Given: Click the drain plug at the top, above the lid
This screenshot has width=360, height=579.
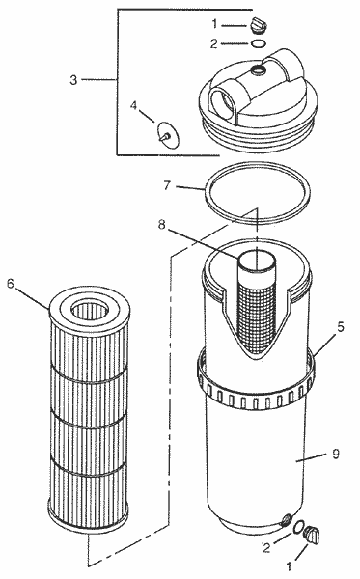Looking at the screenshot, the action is click(259, 24).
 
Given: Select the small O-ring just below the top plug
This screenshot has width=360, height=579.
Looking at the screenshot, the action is click(258, 44).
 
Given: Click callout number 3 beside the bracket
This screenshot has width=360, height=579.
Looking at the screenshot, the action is click(73, 79).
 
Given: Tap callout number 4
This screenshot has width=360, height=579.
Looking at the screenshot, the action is click(133, 106).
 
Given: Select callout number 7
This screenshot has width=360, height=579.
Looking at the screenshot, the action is click(167, 184).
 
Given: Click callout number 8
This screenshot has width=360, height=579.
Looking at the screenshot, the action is click(162, 224).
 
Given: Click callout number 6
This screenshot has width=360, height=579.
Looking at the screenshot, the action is click(10, 284).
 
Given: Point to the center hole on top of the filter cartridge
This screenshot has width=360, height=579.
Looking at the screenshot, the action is click(89, 310).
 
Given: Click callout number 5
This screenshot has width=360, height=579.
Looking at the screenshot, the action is click(340, 326).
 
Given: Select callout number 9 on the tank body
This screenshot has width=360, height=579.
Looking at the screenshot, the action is click(335, 454).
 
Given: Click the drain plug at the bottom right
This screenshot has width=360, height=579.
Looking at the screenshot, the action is click(312, 535).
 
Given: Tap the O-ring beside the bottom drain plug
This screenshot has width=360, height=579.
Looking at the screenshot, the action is click(298, 527).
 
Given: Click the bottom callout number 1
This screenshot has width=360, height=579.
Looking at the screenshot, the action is click(289, 566).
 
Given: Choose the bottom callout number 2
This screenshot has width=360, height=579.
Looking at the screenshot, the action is click(266, 548).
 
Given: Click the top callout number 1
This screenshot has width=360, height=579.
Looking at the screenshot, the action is click(214, 24).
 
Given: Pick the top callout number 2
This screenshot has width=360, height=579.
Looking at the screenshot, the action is click(214, 44).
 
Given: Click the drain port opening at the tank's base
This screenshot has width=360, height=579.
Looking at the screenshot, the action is click(285, 519).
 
